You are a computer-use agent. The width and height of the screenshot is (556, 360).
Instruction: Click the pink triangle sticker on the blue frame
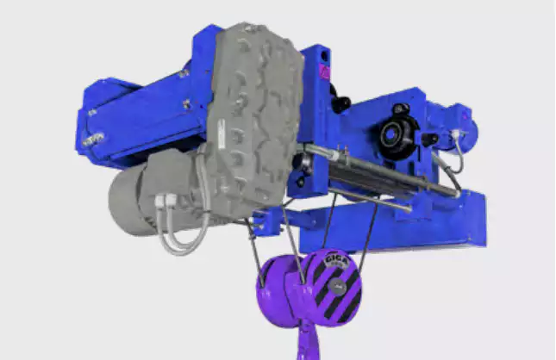click(325, 72)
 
